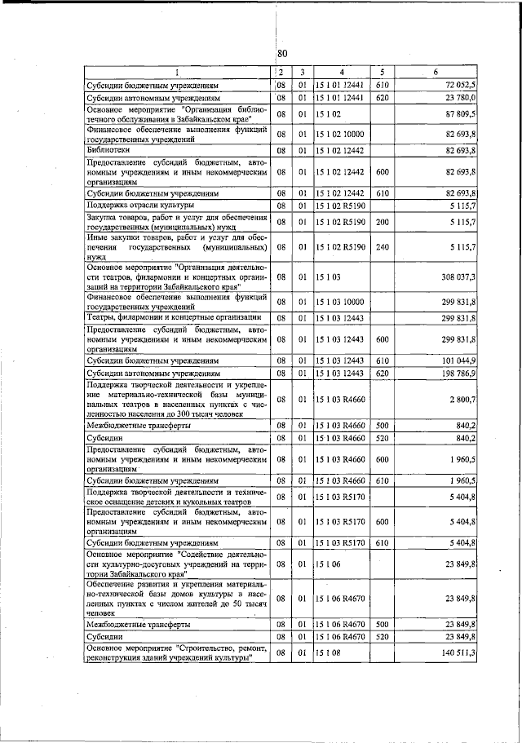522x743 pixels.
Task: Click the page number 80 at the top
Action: click(282, 54)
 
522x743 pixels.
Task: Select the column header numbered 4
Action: click(342, 72)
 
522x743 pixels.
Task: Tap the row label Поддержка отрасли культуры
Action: click(137, 206)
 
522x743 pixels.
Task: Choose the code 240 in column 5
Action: click(382, 246)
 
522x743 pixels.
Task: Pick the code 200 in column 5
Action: click(382, 221)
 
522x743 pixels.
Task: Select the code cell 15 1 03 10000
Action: click(342, 302)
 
